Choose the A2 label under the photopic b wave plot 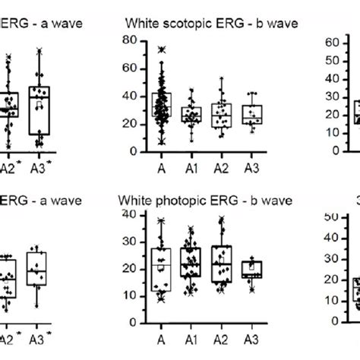click(221, 340)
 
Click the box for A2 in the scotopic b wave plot click(221, 115)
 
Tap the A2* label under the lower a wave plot click(8, 340)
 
